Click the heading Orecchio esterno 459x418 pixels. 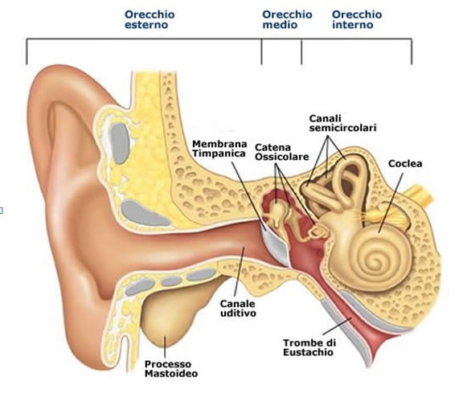pyautogui.click(x=150, y=19)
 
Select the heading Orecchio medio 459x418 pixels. pyautogui.click(x=287, y=19)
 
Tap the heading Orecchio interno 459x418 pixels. pyautogui.click(x=357, y=19)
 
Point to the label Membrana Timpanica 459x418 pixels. pyautogui.click(x=219, y=149)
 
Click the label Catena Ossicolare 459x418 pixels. pyautogui.click(x=281, y=152)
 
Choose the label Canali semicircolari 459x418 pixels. pyautogui.click(x=342, y=123)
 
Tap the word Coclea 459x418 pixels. pyautogui.click(x=405, y=164)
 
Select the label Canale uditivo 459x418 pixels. pyautogui.click(x=238, y=308)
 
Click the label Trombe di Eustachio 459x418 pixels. pyautogui.click(x=309, y=347)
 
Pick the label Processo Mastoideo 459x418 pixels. pyautogui.click(x=171, y=369)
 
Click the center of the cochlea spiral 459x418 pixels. pyautogui.click(x=375, y=259)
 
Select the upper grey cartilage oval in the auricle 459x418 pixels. pyautogui.click(x=120, y=143)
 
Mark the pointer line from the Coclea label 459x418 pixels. pyautogui.click(x=391, y=203)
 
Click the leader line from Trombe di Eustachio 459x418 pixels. pyautogui.click(x=337, y=326)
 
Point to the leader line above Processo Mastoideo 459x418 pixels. pyautogui.click(x=165, y=347)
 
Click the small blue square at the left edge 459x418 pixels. pyautogui.click(x=1, y=211)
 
